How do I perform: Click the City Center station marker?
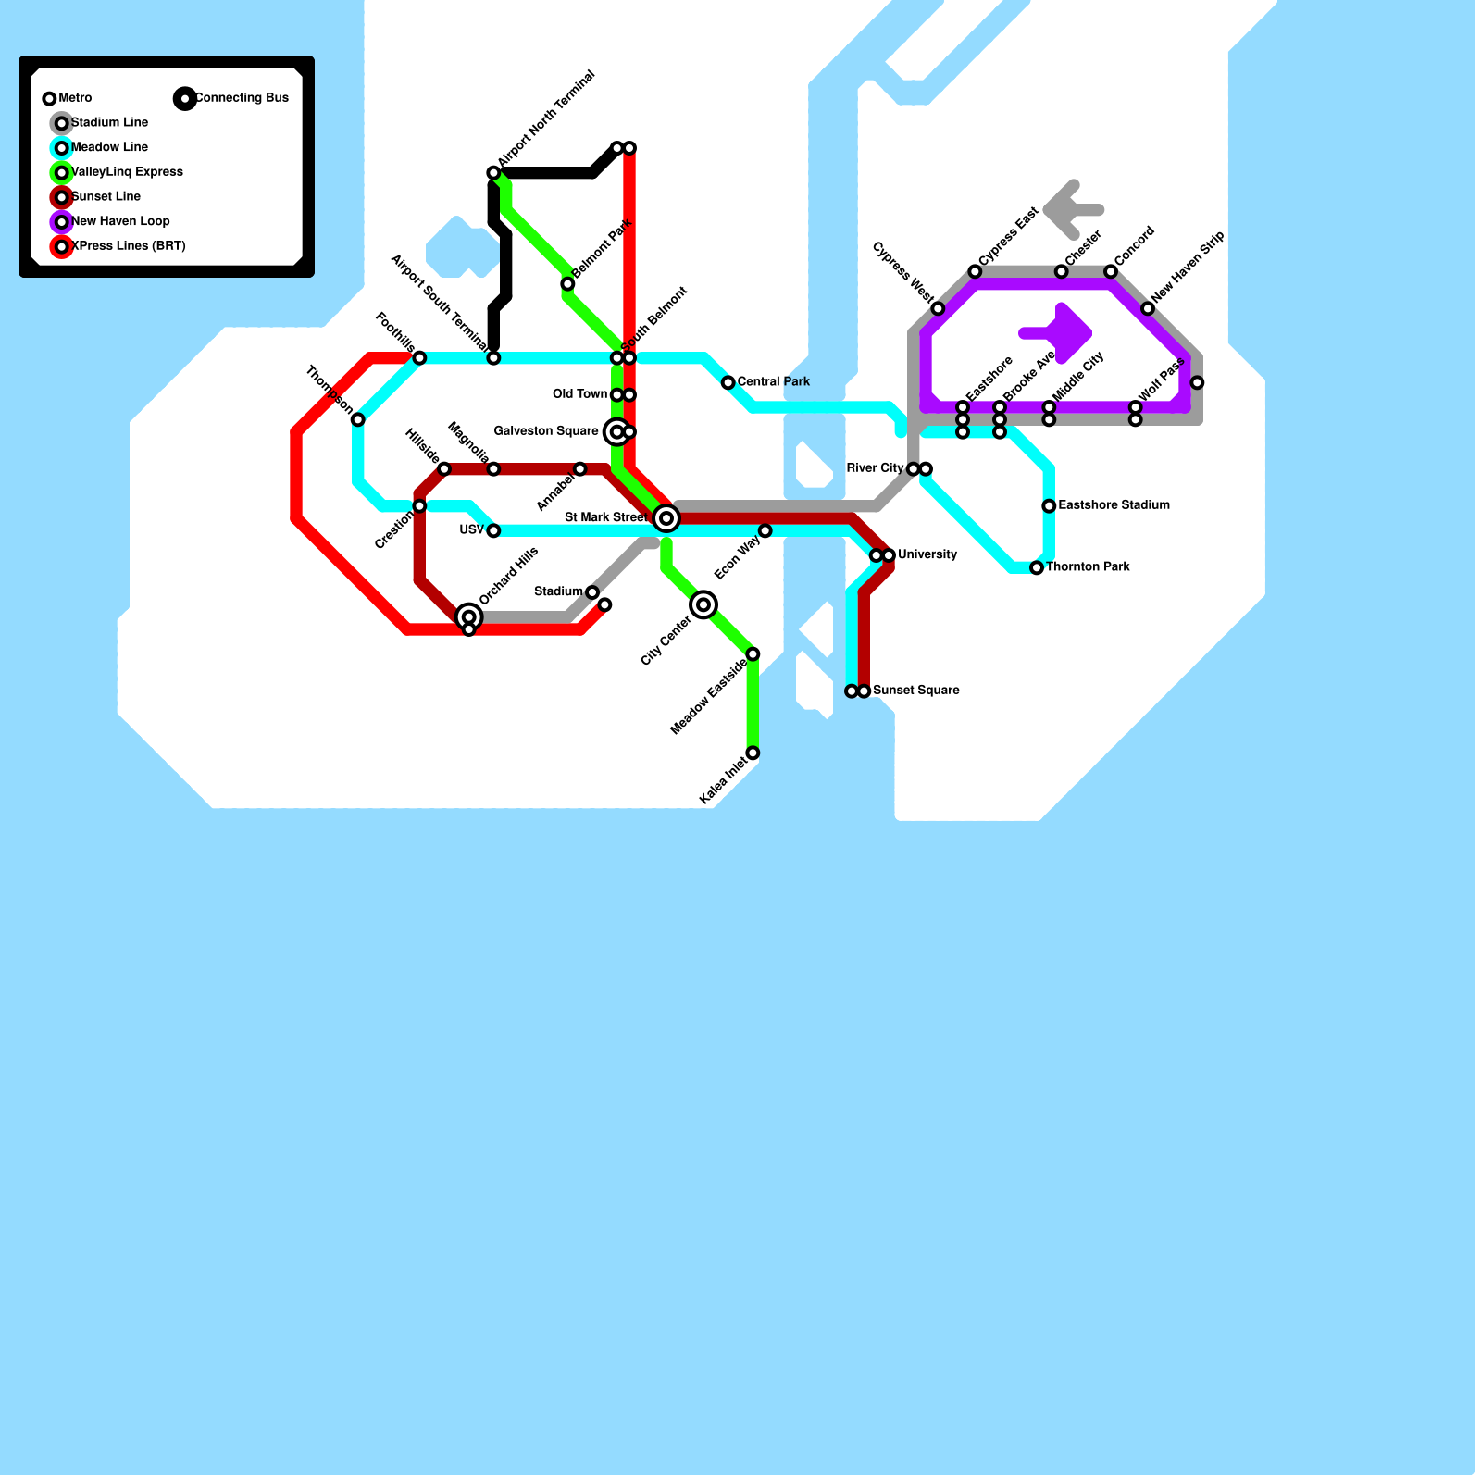tap(703, 605)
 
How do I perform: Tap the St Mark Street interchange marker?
tap(666, 518)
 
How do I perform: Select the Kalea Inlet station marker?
tap(753, 753)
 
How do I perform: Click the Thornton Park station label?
tap(1088, 566)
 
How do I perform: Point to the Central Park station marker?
tap(728, 383)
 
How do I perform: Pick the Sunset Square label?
tap(915, 691)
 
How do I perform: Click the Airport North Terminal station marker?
tap(493, 173)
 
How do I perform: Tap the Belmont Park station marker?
tap(567, 284)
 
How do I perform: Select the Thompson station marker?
tap(357, 420)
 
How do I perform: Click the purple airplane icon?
tap(1060, 333)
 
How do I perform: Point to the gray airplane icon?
tap(1071, 209)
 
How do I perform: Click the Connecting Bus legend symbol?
tap(185, 98)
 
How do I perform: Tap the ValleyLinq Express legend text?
tap(127, 172)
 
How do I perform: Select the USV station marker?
tap(493, 531)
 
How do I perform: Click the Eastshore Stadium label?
tap(1114, 505)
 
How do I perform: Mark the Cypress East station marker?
tap(975, 271)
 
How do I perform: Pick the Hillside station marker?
tap(444, 469)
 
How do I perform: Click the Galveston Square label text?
tap(545, 431)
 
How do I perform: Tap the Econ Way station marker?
tap(765, 531)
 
